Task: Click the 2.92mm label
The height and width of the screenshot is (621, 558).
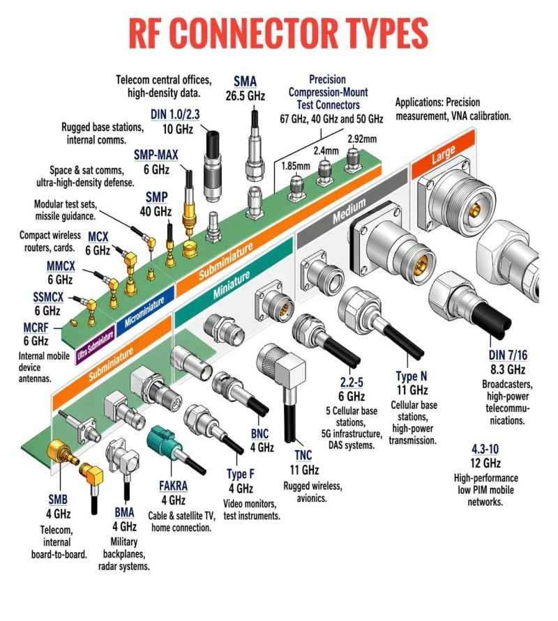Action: tap(362, 139)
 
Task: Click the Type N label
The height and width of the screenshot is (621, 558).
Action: tap(412, 376)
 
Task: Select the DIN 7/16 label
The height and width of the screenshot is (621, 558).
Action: tap(508, 356)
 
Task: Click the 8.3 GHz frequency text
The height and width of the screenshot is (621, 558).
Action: tap(507, 370)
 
